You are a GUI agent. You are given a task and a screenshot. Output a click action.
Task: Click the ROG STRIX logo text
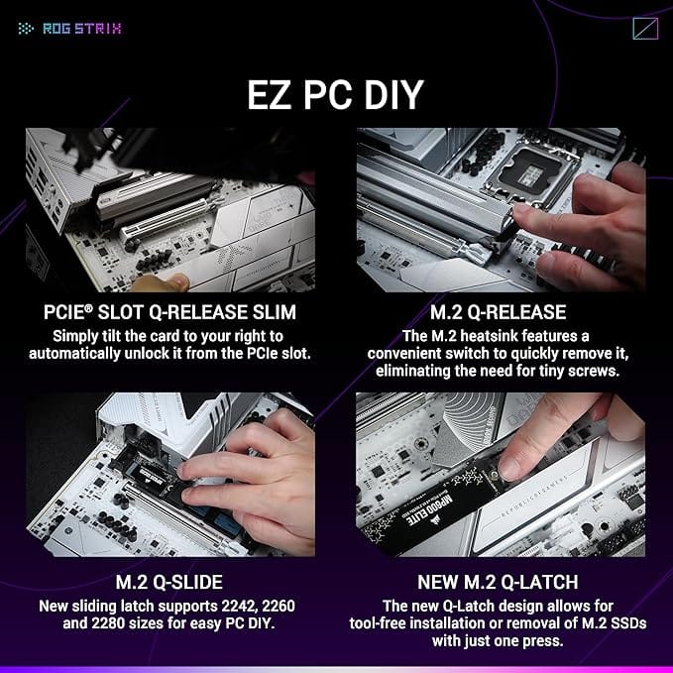coord(81,28)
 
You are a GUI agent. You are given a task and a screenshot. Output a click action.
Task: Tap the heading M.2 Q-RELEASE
coord(501,313)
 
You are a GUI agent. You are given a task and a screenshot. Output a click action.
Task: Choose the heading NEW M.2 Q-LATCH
coord(501,583)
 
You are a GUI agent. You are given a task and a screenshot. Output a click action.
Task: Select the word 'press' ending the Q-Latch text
coord(572,640)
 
